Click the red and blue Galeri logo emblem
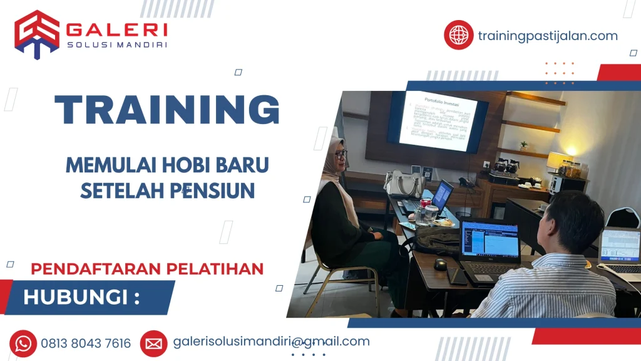click(37, 34)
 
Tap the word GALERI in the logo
click(116, 29)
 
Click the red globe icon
click(458, 35)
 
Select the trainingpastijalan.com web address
click(547, 36)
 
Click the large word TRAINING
click(167, 110)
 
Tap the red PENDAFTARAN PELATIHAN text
click(147, 269)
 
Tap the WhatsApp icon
click(23, 343)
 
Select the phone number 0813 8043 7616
click(86, 343)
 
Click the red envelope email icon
click(153, 343)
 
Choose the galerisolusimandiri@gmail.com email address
click(271, 342)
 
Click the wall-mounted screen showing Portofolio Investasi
click(438, 121)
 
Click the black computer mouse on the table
click(441, 264)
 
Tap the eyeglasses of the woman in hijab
click(341, 154)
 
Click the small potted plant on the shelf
click(523, 145)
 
